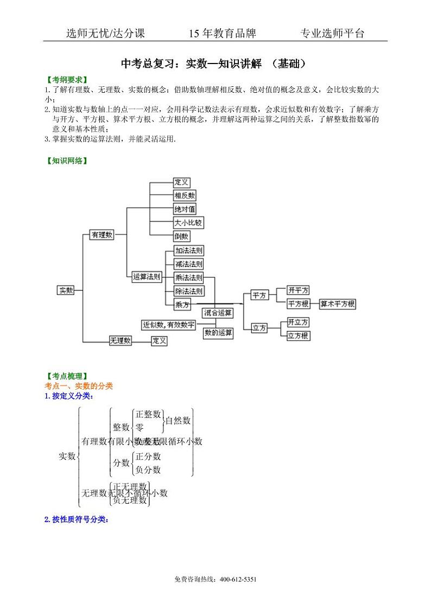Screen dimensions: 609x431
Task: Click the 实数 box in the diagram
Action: pos(66,290)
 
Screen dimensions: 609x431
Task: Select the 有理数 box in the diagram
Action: pos(102,234)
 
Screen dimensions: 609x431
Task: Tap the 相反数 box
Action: pos(185,195)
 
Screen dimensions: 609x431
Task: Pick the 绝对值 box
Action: pos(185,208)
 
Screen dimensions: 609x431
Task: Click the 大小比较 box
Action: pos(188,223)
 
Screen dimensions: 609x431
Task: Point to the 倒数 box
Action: pos(181,236)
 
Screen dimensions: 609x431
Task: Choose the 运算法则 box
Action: pos(147,277)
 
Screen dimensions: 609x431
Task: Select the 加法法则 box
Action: pos(189,250)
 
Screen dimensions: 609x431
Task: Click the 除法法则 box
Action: pos(189,291)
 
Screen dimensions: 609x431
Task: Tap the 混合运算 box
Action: pos(218,313)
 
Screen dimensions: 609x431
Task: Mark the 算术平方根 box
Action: pos(337,304)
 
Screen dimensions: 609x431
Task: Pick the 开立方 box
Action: pos(298,322)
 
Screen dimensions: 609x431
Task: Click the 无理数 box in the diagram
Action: pos(121,340)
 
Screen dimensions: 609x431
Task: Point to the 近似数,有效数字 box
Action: pos(169,325)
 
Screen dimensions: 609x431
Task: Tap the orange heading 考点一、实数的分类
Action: pos(79,385)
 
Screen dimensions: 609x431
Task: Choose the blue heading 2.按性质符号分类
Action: pos(76,519)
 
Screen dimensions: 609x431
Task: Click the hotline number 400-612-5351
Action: pos(238,579)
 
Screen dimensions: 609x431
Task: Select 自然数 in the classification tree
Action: pos(178,420)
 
